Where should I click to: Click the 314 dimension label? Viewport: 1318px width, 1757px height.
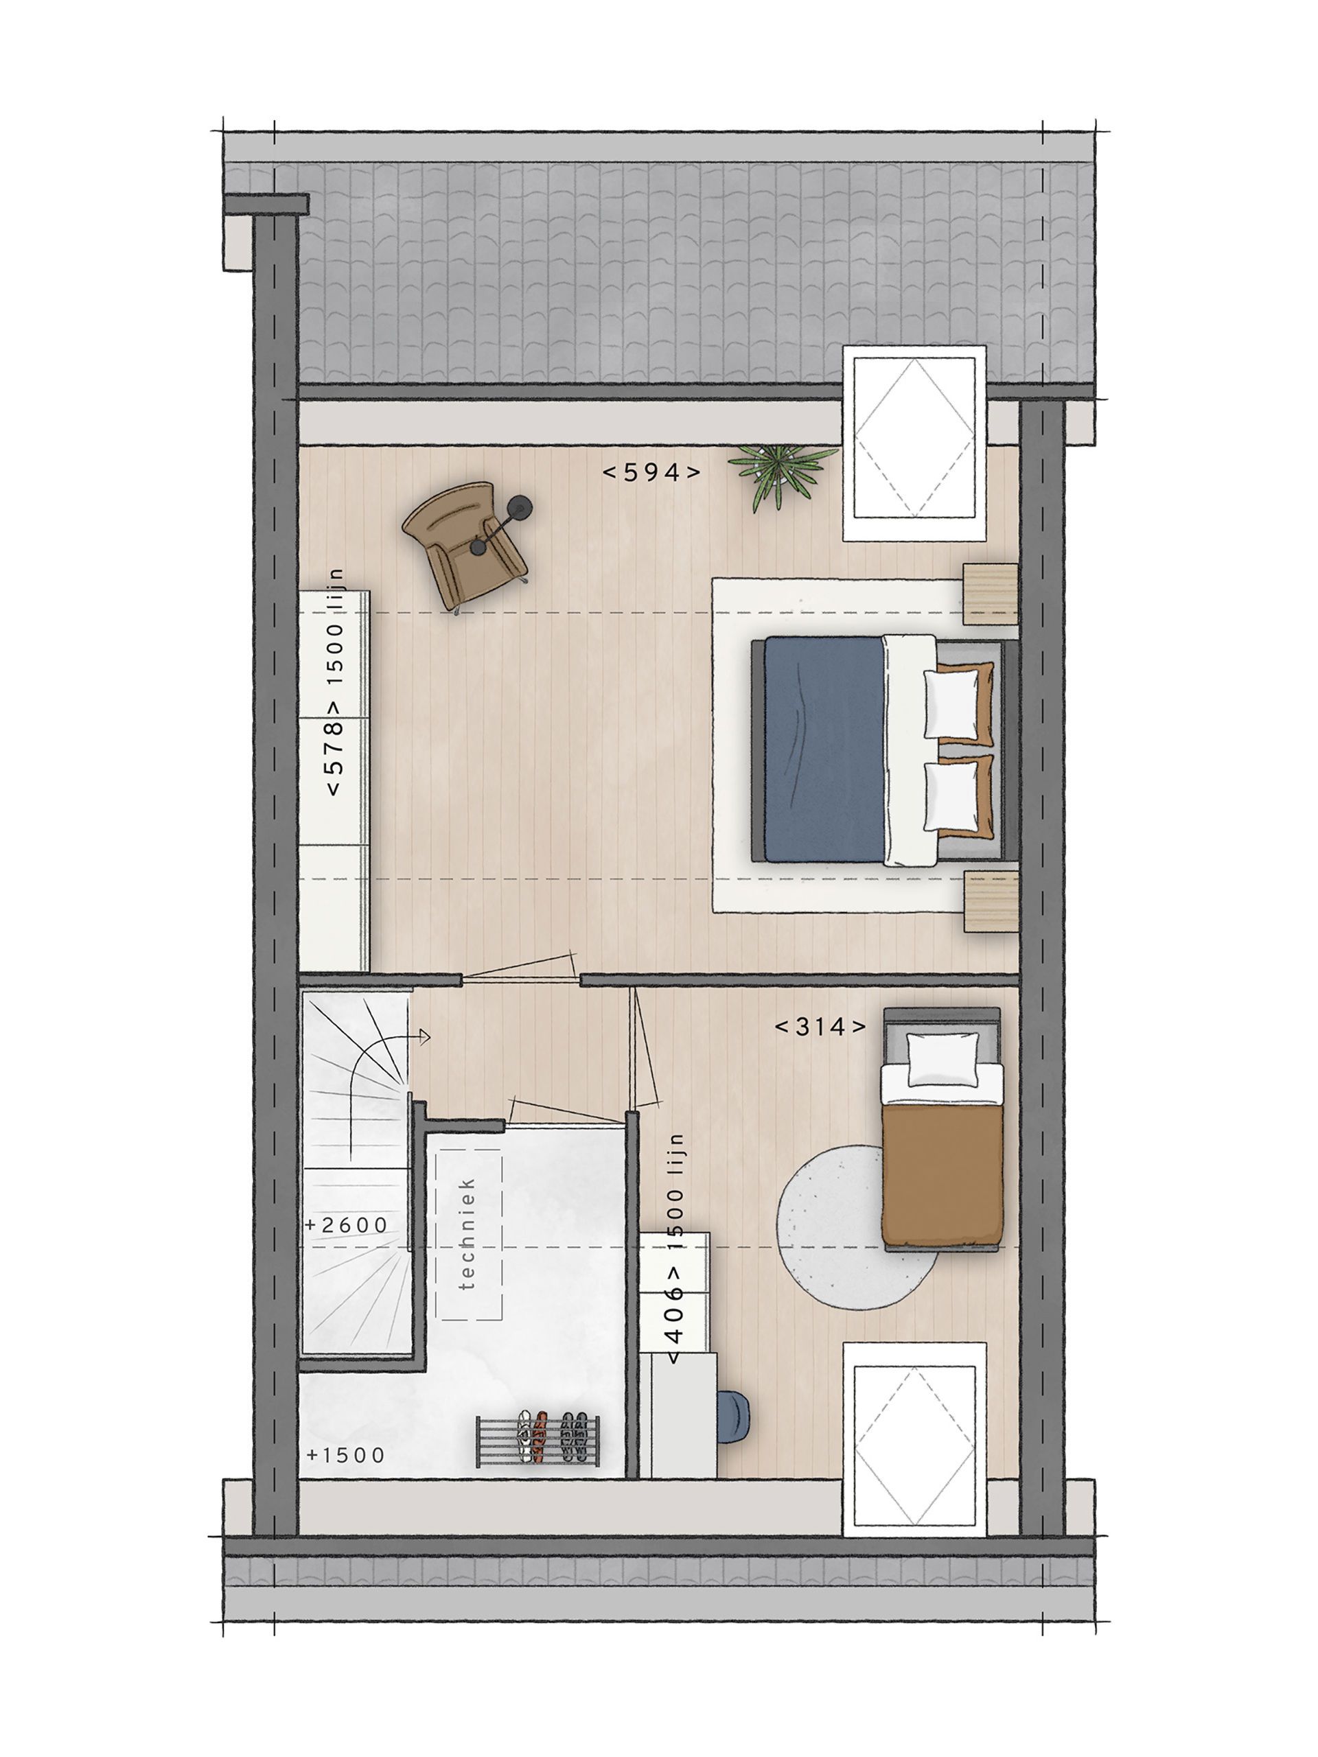[820, 1027]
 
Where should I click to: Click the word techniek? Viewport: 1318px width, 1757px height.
[467, 1233]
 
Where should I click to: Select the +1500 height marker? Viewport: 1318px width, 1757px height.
[345, 1455]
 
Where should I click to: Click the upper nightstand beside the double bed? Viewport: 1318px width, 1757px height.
[990, 594]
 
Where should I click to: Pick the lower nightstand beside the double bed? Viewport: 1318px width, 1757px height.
[990, 900]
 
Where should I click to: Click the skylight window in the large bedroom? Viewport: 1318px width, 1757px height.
[914, 443]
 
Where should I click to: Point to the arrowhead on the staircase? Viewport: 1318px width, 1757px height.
[425, 1036]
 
